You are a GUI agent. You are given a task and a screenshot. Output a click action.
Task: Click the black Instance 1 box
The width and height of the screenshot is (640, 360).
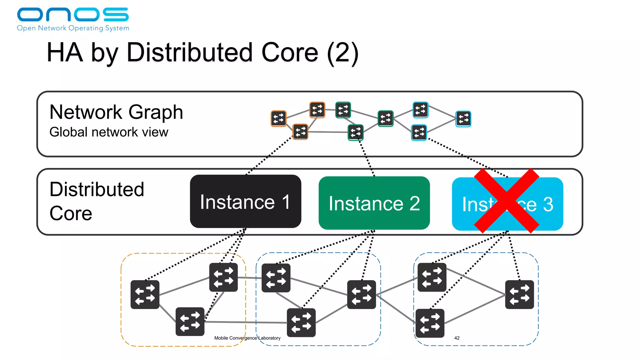(245, 201)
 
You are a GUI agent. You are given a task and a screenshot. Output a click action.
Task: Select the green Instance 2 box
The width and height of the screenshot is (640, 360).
(374, 203)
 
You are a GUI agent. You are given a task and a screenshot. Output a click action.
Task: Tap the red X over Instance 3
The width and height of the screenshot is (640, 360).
(507, 201)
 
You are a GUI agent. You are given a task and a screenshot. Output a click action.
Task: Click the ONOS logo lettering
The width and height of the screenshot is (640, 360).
(72, 14)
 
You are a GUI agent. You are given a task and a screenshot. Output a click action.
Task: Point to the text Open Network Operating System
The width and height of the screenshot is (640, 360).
(73, 28)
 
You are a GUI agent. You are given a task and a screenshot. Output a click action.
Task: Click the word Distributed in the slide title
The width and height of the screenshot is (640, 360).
(189, 52)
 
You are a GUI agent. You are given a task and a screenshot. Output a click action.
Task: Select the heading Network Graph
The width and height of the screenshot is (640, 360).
(116, 112)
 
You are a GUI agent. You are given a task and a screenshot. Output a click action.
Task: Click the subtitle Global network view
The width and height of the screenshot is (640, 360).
(109, 132)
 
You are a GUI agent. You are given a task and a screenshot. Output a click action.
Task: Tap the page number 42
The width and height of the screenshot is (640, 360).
(457, 338)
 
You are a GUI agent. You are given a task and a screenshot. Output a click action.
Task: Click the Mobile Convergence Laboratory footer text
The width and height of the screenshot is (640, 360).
(247, 338)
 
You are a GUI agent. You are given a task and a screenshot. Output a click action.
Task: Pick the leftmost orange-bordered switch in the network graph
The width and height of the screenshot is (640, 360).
(278, 118)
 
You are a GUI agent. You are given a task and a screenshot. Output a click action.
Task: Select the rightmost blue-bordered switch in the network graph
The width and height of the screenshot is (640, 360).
(463, 119)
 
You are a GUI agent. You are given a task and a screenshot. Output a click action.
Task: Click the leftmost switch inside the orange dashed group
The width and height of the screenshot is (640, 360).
(145, 294)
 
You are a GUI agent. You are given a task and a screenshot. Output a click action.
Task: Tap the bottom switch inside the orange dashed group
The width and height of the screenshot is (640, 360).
(190, 322)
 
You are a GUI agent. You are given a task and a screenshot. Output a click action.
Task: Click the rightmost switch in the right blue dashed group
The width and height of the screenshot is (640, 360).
(519, 294)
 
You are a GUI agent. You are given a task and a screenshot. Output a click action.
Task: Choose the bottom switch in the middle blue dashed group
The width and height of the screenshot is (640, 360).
(301, 322)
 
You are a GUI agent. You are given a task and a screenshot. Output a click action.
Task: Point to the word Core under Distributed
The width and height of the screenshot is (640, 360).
(71, 213)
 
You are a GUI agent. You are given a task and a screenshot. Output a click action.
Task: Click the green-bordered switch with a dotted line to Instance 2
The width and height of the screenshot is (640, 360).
(356, 132)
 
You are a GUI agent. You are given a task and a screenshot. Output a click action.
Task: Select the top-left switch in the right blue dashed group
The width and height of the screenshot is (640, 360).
(432, 277)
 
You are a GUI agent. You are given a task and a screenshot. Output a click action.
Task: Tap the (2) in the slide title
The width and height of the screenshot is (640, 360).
(342, 52)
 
